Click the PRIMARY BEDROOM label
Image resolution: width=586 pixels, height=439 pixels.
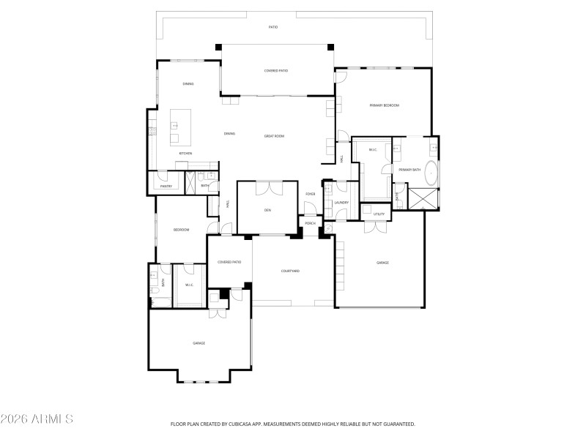[384, 105]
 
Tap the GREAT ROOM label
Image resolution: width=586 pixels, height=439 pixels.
[274, 136]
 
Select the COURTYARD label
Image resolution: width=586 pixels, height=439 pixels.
[290, 271]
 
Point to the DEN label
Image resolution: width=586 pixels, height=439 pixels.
[268, 210]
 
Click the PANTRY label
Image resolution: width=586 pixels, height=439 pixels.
[166, 186]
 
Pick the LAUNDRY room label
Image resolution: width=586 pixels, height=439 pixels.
[341, 202]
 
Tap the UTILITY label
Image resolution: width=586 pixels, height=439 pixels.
[379, 214]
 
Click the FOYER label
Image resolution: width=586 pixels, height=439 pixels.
[311, 194]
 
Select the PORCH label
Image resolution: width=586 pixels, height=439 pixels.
[311, 223]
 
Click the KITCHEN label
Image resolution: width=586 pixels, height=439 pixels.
[185, 153]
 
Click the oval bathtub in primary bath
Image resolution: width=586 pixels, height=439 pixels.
[433, 174]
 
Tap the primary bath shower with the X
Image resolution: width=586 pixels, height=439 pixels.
[423, 198]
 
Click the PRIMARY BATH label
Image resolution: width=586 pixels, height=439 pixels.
[409, 170]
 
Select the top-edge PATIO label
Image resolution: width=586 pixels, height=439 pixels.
[272, 27]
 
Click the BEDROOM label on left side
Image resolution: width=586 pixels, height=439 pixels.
[181, 230]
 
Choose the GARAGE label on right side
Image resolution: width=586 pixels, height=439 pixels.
[382, 262]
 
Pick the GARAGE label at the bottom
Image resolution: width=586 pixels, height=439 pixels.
[199, 342]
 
